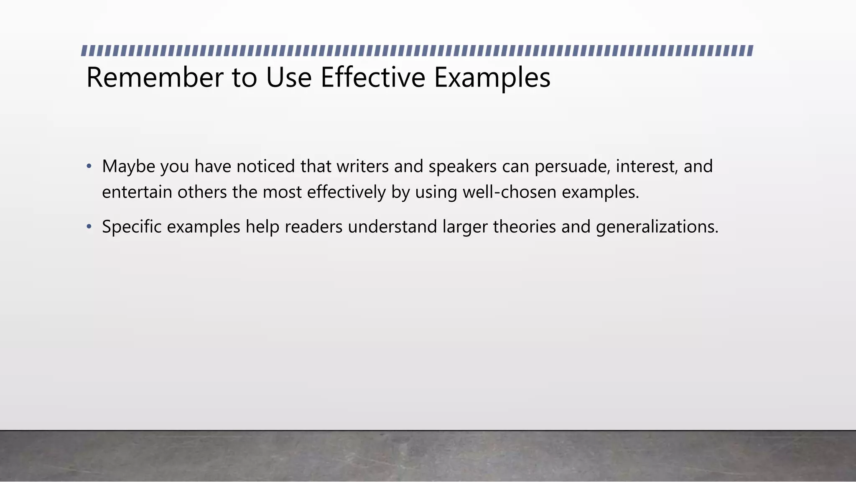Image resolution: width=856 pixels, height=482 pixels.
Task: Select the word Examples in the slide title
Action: point(492,78)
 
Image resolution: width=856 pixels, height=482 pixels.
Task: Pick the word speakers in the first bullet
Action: point(462,167)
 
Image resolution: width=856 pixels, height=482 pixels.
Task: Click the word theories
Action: point(524,227)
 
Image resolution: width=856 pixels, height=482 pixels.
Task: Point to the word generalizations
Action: point(657,227)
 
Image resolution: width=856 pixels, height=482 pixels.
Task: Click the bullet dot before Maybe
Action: point(89,167)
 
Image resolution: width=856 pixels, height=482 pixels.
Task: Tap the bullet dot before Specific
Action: point(89,227)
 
